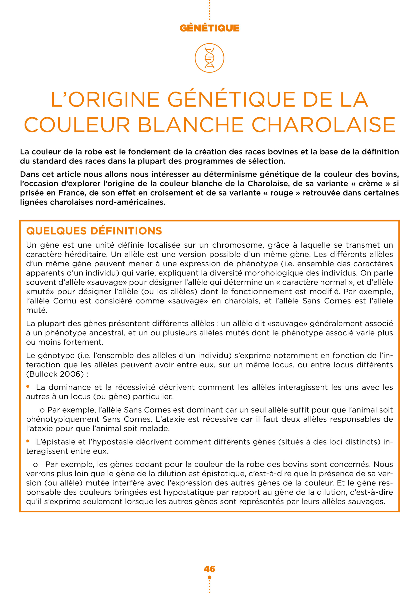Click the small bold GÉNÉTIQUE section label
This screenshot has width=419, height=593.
click(x=209, y=28)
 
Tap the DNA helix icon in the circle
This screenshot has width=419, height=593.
click(x=209, y=58)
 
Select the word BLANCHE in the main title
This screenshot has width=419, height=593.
click(x=191, y=125)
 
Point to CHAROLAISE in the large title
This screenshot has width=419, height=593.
click(x=323, y=125)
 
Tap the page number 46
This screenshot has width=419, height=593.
click(x=209, y=569)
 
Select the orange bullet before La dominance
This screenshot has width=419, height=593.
click(x=28, y=387)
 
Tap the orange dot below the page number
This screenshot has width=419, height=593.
click(x=209, y=577)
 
